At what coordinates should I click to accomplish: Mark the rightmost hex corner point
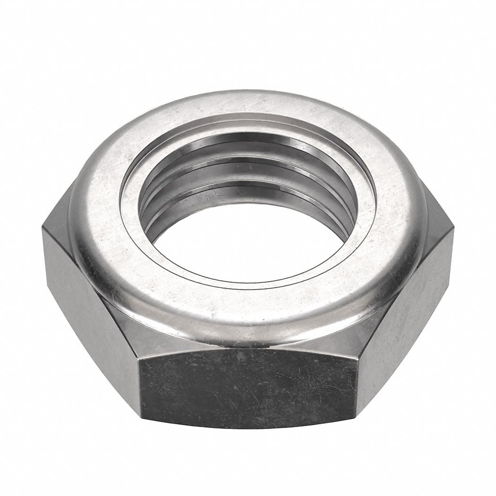pos(453,229)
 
